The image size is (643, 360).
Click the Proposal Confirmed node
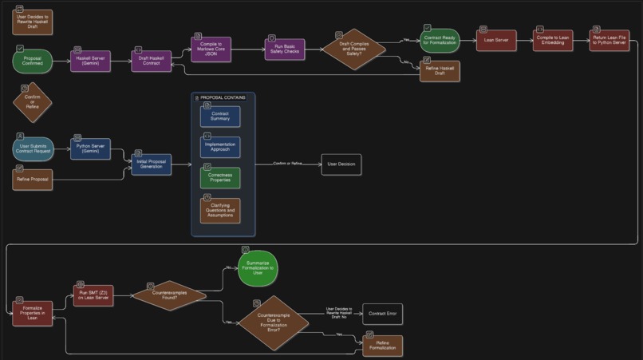tap(33, 61)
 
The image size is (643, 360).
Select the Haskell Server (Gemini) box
tap(90, 61)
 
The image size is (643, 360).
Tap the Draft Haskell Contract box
tap(152, 61)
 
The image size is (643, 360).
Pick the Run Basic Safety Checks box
tap(285, 49)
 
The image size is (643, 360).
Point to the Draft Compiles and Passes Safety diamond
tap(354, 49)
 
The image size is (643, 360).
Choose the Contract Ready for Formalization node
tap(440, 40)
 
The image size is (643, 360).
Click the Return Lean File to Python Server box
tap(609, 40)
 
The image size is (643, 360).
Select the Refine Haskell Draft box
tap(440, 71)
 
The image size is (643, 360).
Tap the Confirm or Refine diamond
tap(33, 103)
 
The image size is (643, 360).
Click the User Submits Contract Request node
tap(33, 148)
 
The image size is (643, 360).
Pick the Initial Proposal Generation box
tap(152, 164)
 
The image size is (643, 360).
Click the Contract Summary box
tap(220, 117)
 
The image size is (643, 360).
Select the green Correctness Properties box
tap(220, 178)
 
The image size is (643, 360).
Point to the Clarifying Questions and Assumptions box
tap(220, 211)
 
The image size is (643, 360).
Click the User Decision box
tap(341, 164)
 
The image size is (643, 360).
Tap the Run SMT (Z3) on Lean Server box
tap(93, 295)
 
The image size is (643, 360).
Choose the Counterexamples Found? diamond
tap(168, 295)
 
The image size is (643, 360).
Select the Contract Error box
tap(382, 314)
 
